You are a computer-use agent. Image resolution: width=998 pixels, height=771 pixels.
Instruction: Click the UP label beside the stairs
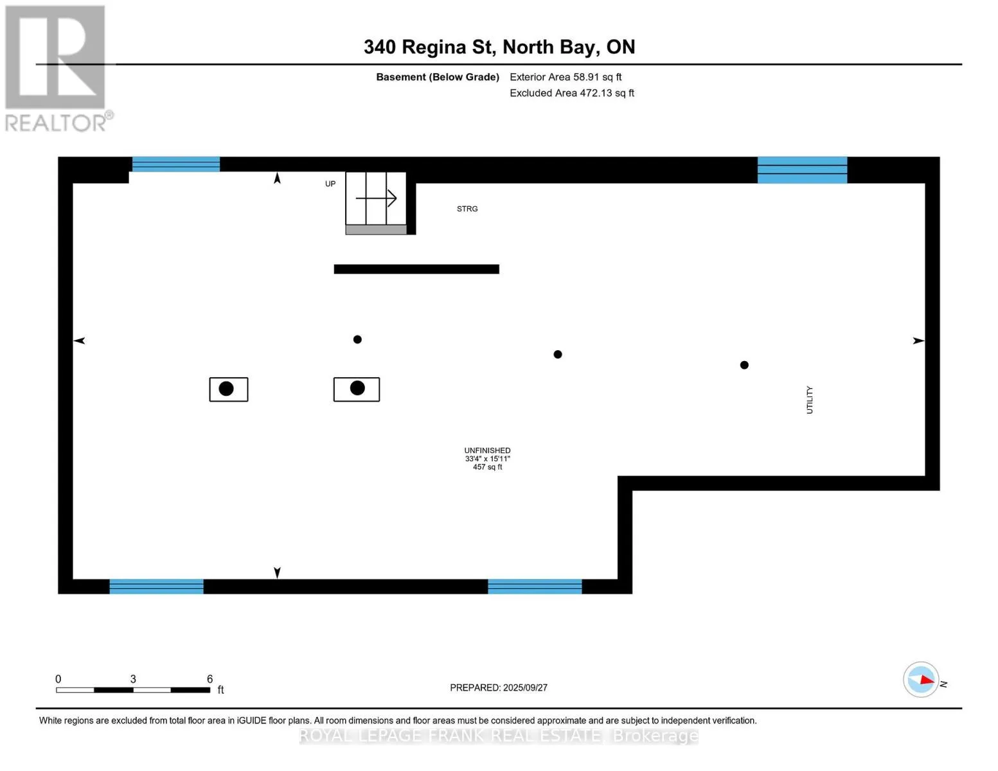pyautogui.click(x=330, y=184)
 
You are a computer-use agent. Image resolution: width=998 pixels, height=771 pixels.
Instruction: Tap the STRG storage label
pyautogui.click(x=467, y=209)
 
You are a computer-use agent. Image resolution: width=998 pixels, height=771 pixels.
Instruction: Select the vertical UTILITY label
pyautogui.click(x=810, y=400)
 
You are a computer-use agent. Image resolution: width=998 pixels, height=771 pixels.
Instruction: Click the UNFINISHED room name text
pyautogui.click(x=487, y=450)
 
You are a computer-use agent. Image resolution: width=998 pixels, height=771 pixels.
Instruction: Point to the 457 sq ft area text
pyautogui.click(x=487, y=467)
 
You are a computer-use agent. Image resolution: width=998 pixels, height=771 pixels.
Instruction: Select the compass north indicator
pyautogui.click(x=921, y=679)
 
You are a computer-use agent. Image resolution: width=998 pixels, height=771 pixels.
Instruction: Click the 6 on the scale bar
pyautogui.click(x=209, y=679)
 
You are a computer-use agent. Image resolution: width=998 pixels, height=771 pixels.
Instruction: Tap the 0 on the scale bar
pyautogui.click(x=58, y=679)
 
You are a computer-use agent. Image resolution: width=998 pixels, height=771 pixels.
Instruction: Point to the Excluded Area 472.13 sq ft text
pyautogui.click(x=572, y=93)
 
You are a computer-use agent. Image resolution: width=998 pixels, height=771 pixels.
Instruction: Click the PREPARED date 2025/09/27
pyautogui.click(x=499, y=687)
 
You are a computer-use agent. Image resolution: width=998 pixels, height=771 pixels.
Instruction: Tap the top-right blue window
pyautogui.click(x=802, y=170)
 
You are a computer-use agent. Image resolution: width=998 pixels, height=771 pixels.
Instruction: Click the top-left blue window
pyautogui.click(x=176, y=164)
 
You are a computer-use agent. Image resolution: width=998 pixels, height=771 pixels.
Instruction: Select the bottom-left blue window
pyautogui.click(x=156, y=586)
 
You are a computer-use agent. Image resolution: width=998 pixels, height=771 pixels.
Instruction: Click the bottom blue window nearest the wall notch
pyautogui.click(x=535, y=586)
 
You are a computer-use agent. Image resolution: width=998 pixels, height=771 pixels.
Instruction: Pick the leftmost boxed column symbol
pyautogui.click(x=228, y=389)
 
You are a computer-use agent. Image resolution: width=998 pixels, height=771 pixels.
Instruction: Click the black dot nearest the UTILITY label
pyautogui.click(x=744, y=365)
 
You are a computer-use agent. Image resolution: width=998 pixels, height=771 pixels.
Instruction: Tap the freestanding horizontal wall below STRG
pyautogui.click(x=416, y=269)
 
